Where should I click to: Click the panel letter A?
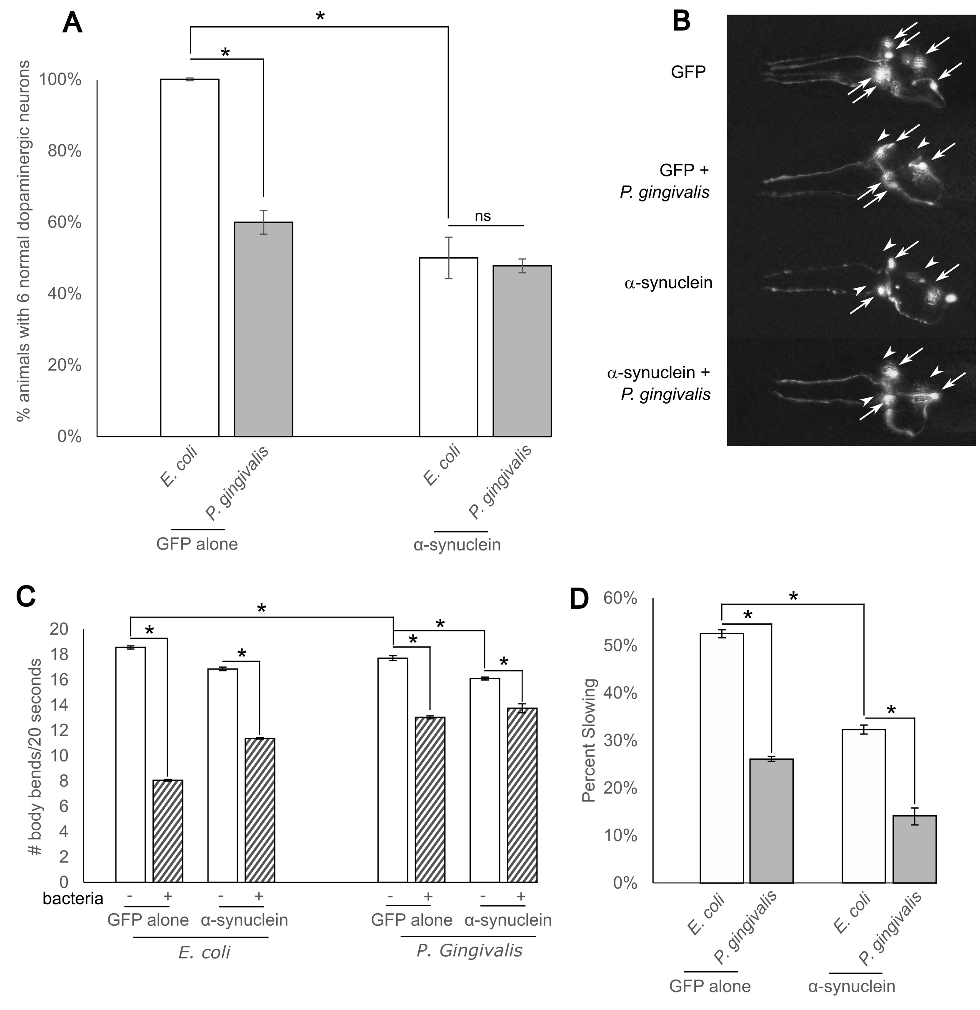point(72,24)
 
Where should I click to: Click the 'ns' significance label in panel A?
point(482,216)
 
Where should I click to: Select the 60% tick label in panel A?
point(64,223)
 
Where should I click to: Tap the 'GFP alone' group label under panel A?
point(197,544)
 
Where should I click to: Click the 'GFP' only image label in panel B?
point(687,72)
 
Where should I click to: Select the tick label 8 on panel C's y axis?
point(63,781)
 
